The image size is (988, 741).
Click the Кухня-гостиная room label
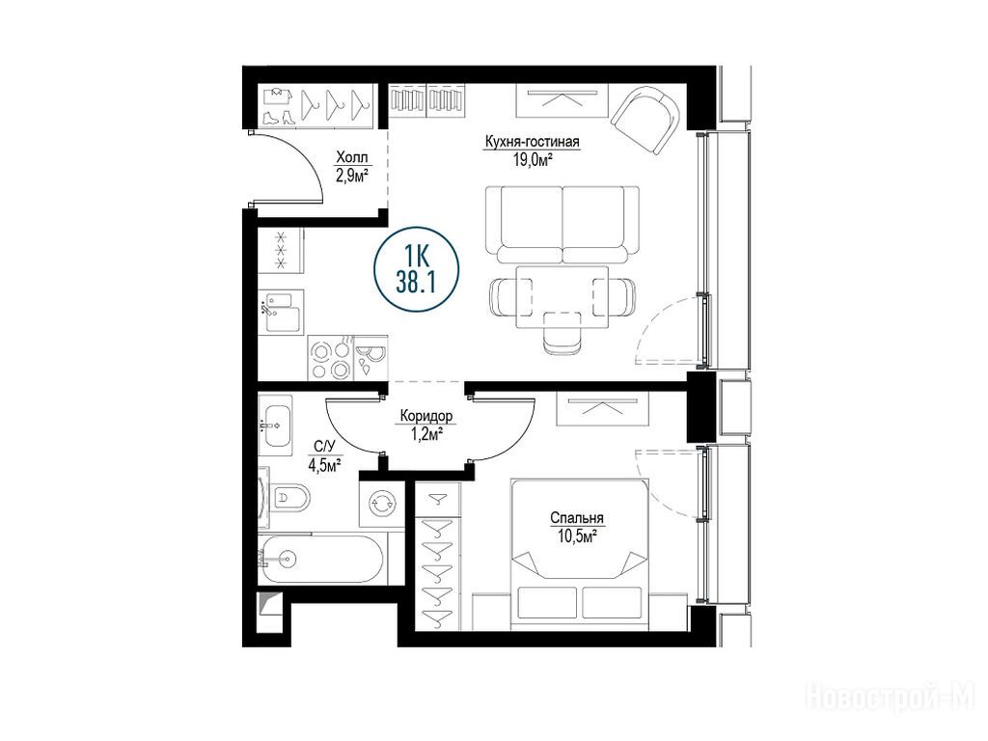pyautogui.click(x=532, y=142)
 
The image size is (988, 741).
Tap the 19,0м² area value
pyautogui.click(x=533, y=159)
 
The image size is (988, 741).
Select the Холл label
pyautogui.click(x=351, y=157)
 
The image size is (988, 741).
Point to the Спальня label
pyautogui.click(x=577, y=518)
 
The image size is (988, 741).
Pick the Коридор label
pyautogui.click(x=425, y=416)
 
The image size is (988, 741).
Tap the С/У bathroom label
pyautogui.click(x=324, y=447)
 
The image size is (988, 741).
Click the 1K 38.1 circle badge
pyautogui.click(x=416, y=269)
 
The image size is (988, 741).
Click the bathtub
pyautogui.click(x=320, y=560)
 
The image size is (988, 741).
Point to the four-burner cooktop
pyautogui.click(x=330, y=358)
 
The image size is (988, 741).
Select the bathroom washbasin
pyautogui.click(x=275, y=425)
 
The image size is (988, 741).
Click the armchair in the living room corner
pyautogui.click(x=645, y=120)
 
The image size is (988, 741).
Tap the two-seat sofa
pyautogui.click(x=563, y=224)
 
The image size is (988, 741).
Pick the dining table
pyautogui.click(x=563, y=297)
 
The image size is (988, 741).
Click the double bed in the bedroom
pyautogui.click(x=580, y=555)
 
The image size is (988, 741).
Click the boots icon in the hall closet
pyautogui.click(x=277, y=117)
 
